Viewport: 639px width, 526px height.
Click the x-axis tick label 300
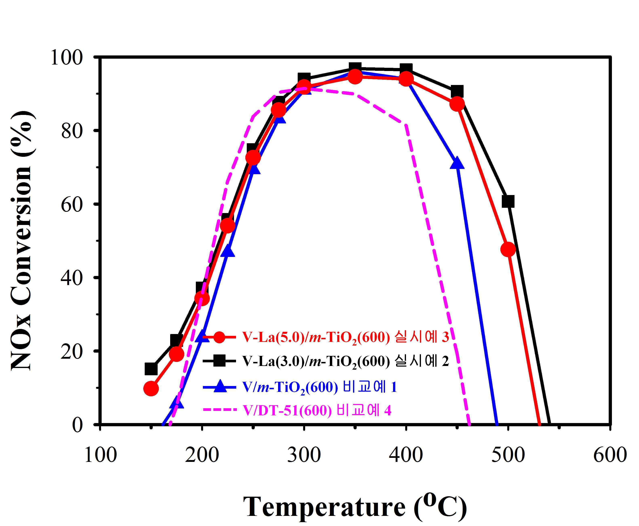coord(304,455)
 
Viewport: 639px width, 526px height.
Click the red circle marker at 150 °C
coord(151,388)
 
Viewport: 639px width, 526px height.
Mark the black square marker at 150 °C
coord(151,369)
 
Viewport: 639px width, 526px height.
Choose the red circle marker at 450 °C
coord(457,104)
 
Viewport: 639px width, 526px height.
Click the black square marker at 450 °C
coord(457,91)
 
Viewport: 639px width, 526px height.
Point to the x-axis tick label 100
coord(100,455)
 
